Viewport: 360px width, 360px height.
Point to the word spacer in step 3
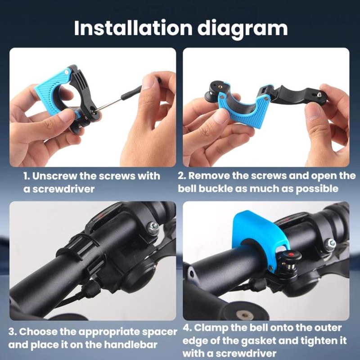click(x=159, y=332)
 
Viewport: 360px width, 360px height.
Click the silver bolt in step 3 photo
click(x=154, y=227)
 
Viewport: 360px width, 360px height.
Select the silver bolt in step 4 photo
click(x=332, y=243)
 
